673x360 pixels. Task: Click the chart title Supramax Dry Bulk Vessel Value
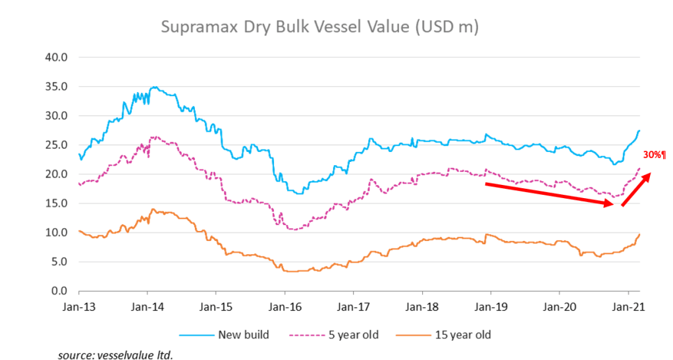click(x=319, y=27)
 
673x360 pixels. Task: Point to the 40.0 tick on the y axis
click(x=57, y=57)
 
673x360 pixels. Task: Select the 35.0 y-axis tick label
click(x=57, y=86)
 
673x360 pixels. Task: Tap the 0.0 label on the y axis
click(x=59, y=291)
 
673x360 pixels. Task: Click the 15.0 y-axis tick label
click(x=57, y=203)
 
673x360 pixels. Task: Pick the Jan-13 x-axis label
click(x=78, y=306)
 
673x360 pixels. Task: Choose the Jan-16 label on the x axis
click(x=284, y=306)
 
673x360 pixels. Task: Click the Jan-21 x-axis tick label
click(x=628, y=306)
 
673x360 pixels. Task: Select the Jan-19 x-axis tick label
click(x=491, y=306)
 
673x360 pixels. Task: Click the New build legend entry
click(x=241, y=334)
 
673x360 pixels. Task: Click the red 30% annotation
click(x=654, y=155)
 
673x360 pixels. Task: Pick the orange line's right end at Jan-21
click(x=639, y=234)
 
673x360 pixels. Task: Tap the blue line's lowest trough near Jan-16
click(x=300, y=193)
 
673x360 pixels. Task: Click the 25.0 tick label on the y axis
click(x=57, y=145)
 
